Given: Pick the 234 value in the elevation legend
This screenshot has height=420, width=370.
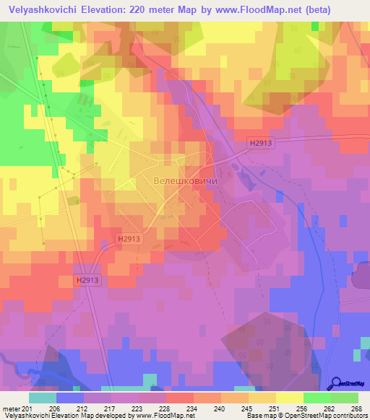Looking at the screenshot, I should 179,408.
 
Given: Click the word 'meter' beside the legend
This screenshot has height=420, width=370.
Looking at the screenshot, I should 11,408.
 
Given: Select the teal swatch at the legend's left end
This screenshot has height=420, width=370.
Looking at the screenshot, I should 43,398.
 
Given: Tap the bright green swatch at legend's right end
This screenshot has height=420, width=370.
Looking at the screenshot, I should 345,398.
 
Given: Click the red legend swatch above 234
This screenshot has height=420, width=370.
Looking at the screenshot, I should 180,398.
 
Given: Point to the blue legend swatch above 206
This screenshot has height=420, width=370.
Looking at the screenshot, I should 70,398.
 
